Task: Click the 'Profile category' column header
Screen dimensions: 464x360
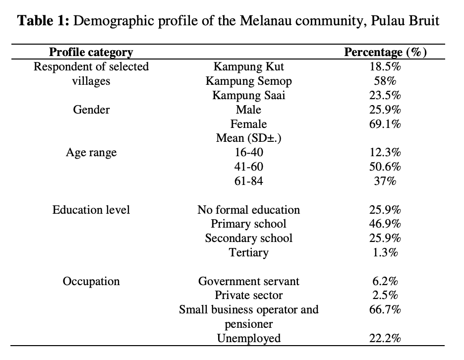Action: coord(91,52)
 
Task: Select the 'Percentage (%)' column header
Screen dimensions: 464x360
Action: coord(385,52)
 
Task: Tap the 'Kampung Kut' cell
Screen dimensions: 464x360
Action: coord(248,66)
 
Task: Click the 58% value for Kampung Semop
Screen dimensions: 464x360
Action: coord(385,81)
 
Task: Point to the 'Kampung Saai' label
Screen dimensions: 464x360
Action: coord(248,95)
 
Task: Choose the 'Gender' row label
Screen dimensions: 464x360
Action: coord(91,110)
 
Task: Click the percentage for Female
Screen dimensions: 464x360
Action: coord(385,124)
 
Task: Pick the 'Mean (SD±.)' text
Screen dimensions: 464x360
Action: coord(248,138)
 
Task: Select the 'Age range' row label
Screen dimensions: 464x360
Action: coord(91,153)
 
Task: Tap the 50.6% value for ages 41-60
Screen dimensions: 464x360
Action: coord(385,167)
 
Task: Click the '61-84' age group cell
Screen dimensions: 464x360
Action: coord(248,181)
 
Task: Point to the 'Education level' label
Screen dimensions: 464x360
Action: coord(91,210)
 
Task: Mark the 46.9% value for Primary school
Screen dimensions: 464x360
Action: coord(385,224)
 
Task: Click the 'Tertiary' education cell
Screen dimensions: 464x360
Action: coord(248,253)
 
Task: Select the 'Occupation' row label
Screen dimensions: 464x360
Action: coord(91,282)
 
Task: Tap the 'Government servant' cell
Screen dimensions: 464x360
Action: coord(248,281)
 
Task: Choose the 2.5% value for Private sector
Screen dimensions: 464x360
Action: coord(385,295)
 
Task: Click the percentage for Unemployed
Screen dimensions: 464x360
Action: coord(385,338)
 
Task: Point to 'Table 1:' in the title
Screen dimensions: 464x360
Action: coord(43,21)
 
